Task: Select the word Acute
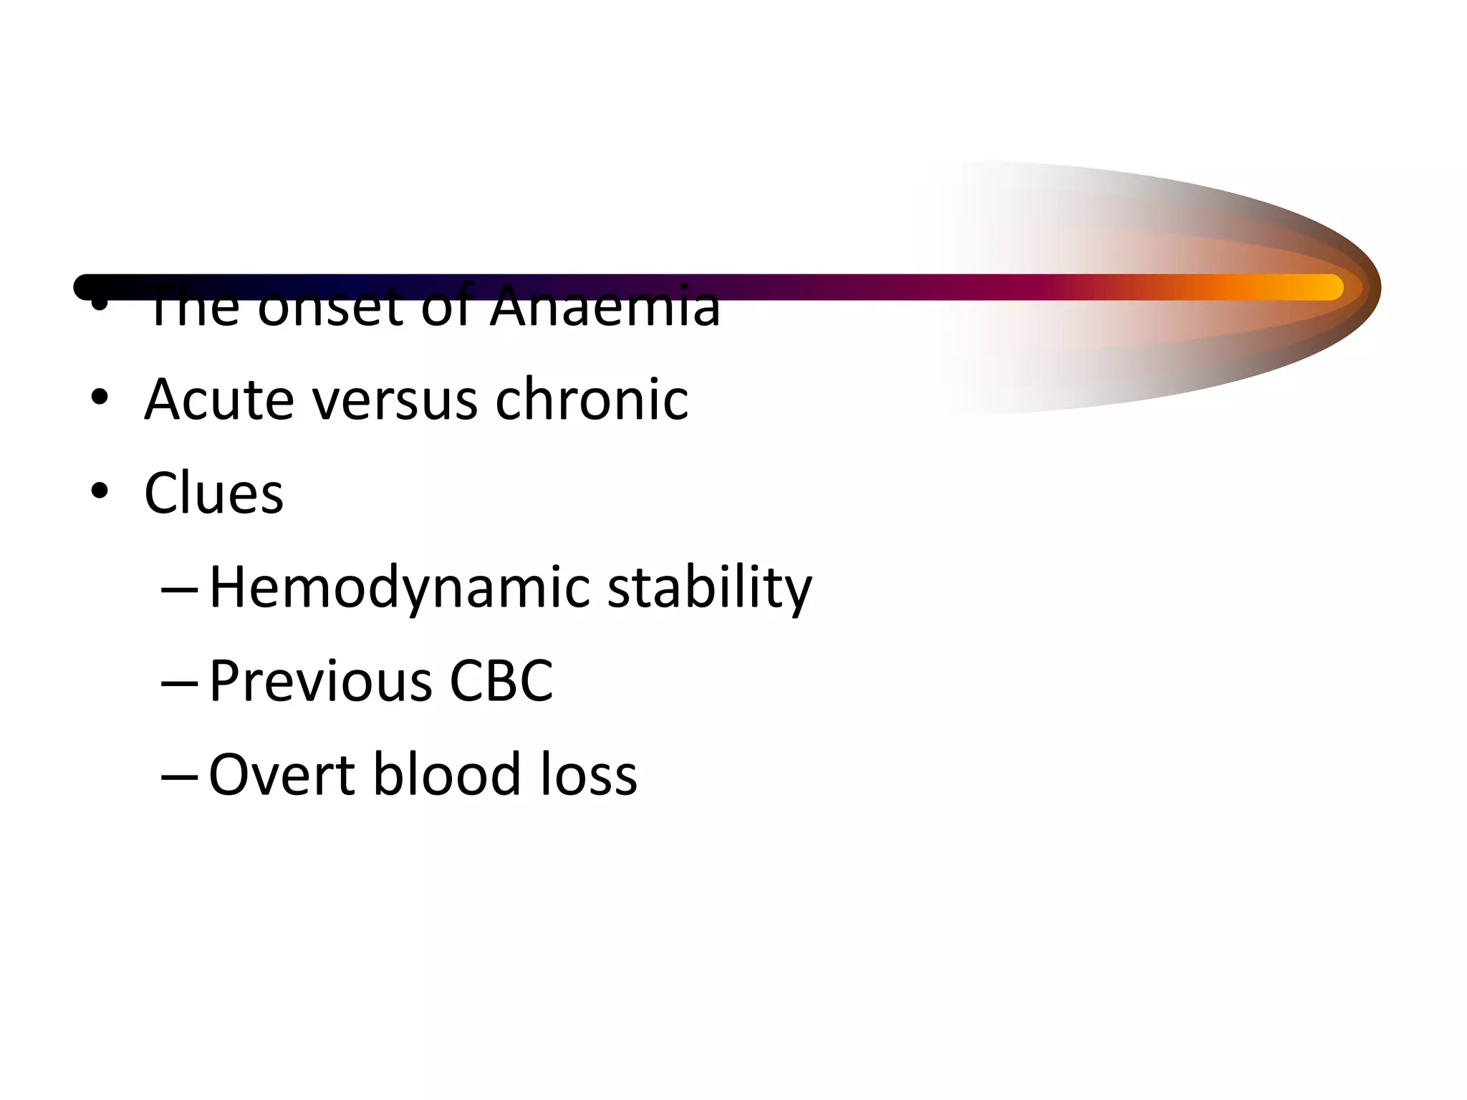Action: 219,400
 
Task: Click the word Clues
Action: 213,493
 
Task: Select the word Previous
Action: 321,681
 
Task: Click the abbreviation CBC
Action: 501,681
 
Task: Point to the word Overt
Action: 282,775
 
